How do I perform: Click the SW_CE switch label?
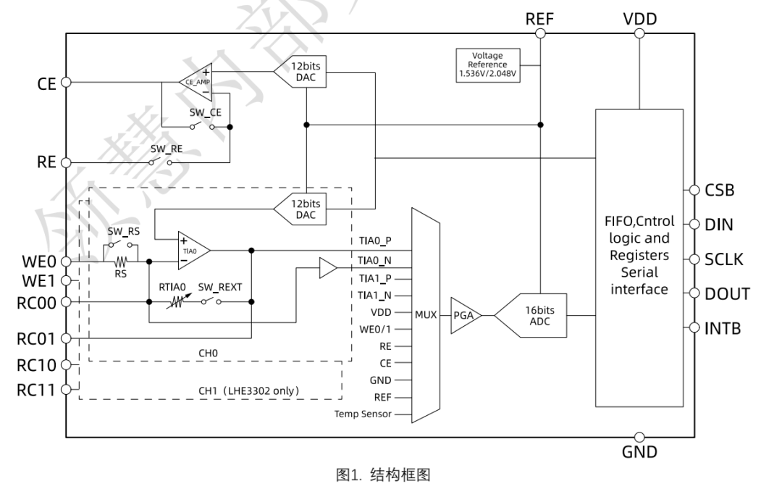click(203, 114)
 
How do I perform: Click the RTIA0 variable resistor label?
click(173, 287)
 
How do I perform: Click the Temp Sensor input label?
click(363, 415)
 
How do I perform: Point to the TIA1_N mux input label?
click(375, 295)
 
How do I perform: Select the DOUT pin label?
click(727, 294)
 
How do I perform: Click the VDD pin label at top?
click(639, 20)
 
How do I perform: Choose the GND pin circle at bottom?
click(639, 437)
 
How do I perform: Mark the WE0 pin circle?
click(66, 262)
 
